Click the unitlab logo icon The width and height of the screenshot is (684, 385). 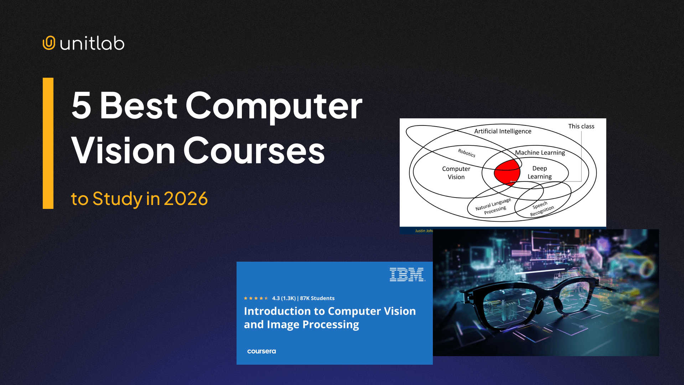(x=49, y=43)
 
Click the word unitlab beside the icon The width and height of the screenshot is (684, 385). (x=92, y=43)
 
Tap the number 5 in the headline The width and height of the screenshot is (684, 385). (x=81, y=106)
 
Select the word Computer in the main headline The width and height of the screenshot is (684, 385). (x=274, y=106)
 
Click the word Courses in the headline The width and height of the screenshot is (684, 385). (x=254, y=151)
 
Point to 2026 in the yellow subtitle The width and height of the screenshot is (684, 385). (x=186, y=199)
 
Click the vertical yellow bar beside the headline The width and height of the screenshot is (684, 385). (x=48, y=143)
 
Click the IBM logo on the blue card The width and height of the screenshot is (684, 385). (x=407, y=274)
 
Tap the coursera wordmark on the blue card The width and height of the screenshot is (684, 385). (x=261, y=351)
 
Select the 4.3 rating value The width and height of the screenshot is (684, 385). (x=276, y=298)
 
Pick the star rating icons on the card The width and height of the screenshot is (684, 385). (x=255, y=298)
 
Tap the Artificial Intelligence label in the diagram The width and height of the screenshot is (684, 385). (x=502, y=131)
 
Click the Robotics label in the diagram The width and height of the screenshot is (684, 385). (x=466, y=153)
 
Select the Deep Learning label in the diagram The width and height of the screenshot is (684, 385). (x=539, y=172)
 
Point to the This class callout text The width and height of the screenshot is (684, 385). (x=581, y=126)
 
